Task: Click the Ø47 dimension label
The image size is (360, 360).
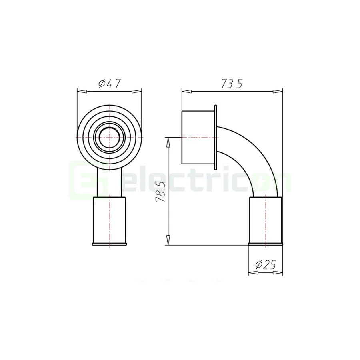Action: tap(109, 84)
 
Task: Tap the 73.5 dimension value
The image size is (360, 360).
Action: tap(232, 84)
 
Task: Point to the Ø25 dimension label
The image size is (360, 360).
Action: tap(266, 265)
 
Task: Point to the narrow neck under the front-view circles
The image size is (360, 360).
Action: tap(109, 182)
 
